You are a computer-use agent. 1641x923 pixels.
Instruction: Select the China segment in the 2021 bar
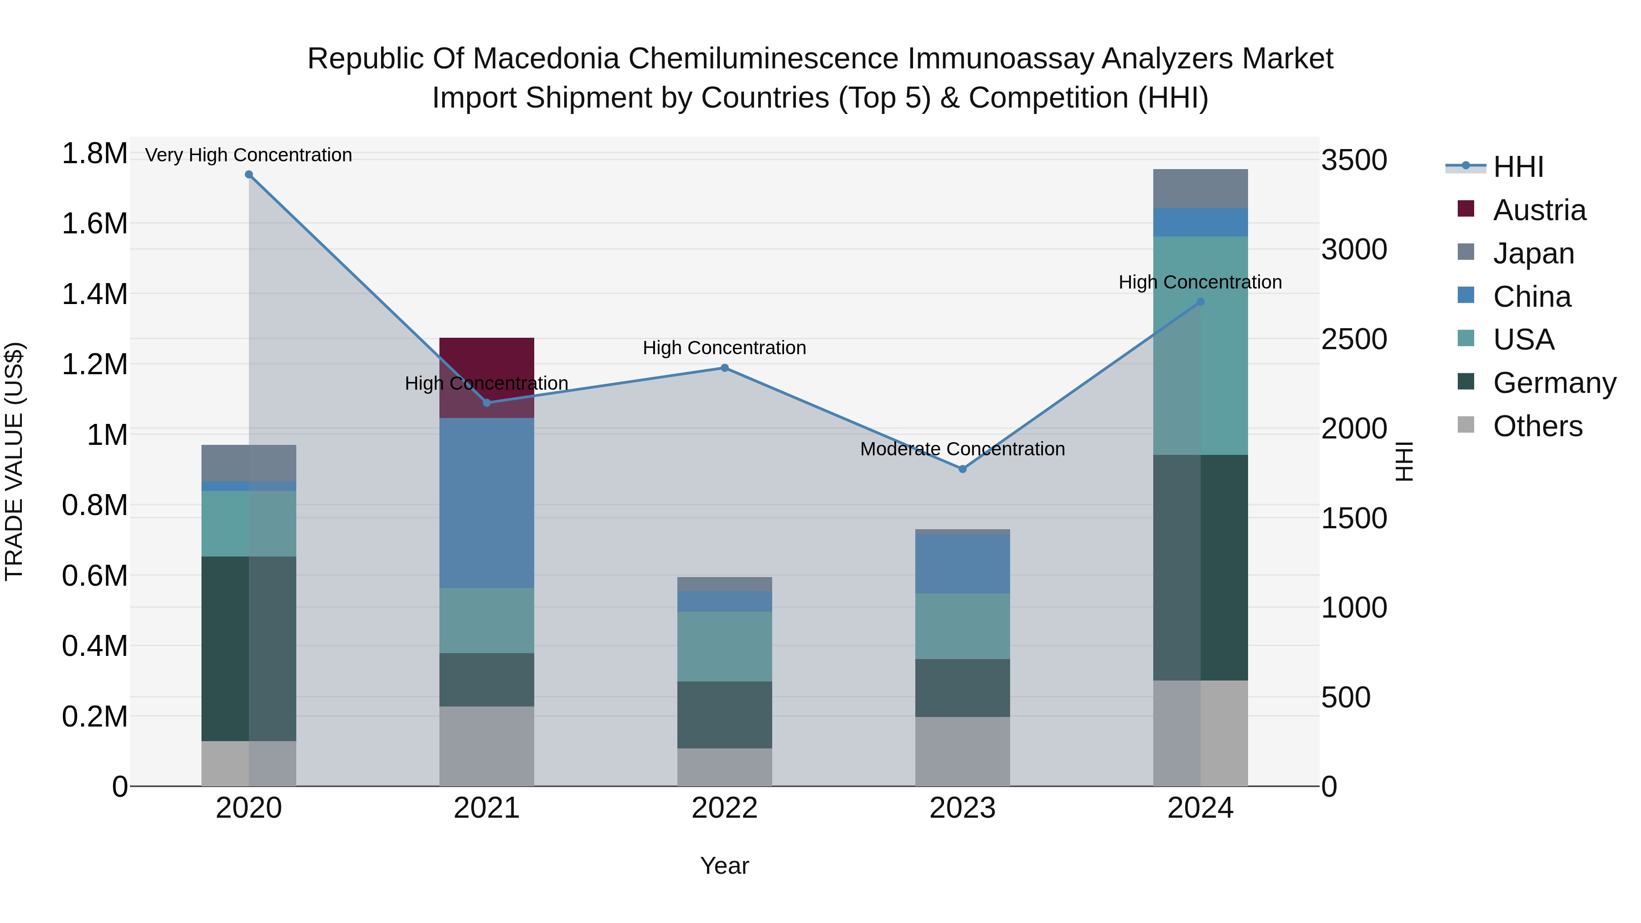tap(487, 503)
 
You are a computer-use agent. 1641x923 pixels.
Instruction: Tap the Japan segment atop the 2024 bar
tap(1200, 189)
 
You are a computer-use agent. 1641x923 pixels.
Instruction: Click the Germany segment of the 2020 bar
tap(248, 649)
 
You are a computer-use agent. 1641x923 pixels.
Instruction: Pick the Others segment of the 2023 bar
tap(963, 751)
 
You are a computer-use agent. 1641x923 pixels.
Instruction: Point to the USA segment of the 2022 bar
tap(724, 646)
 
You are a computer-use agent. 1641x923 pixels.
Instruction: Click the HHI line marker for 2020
tap(249, 175)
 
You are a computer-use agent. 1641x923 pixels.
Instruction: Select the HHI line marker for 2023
tap(963, 469)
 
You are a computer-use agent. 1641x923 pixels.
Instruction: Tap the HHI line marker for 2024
tap(1200, 302)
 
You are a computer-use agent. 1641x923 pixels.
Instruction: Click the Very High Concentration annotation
tap(248, 155)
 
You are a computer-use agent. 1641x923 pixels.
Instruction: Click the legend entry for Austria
tap(1538, 210)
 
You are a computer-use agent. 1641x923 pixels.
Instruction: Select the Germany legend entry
tap(1554, 383)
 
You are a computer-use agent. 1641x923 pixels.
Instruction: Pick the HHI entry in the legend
tap(1517, 167)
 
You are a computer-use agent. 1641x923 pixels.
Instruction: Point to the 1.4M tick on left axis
tap(94, 294)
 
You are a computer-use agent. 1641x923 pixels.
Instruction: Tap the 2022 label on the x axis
tap(724, 808)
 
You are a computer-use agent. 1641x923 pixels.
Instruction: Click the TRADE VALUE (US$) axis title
tap(14, 461)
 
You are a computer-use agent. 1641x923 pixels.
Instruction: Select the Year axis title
tap(724, 866)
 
